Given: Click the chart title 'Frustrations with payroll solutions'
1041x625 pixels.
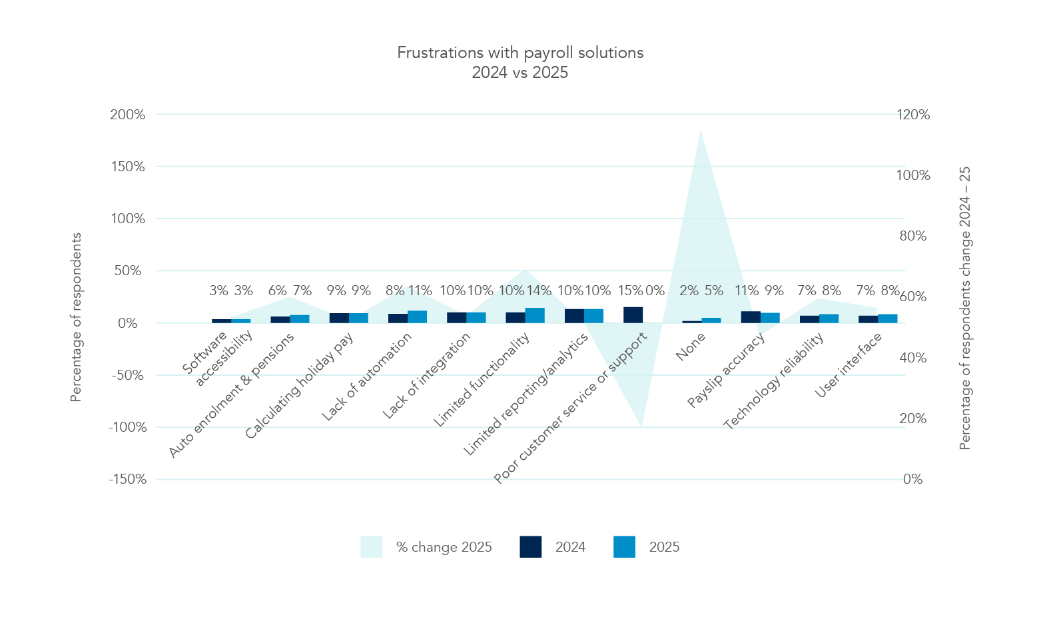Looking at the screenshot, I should pos(520,53).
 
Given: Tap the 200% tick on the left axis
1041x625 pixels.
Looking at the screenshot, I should pos(128,115).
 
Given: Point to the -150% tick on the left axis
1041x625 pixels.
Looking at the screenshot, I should pos(128,479).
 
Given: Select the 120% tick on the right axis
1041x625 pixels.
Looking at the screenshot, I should pos(913,115).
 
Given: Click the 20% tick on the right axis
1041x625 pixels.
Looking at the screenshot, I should pos(913,418).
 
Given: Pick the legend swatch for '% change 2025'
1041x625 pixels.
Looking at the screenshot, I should pos(371,547).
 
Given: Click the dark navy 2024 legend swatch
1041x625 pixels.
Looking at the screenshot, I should pos(531,547).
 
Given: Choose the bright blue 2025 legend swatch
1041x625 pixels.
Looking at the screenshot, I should pos(624,547).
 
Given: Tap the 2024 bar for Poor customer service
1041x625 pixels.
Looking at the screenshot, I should pos(633,315).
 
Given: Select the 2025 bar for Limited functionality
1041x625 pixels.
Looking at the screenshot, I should pos(535,315).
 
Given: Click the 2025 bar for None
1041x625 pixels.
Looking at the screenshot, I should pos(711,320).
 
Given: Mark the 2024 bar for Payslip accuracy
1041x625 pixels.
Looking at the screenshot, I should pos(751,317).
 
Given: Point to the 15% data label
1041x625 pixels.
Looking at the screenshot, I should pos(630,291).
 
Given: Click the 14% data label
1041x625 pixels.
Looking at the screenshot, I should pos(539,291).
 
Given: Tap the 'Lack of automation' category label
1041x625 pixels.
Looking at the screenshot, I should pos(367,376).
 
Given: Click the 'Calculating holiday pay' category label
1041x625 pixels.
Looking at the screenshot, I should pos(299,386).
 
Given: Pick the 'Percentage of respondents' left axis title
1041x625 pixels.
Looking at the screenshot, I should pos(76,317).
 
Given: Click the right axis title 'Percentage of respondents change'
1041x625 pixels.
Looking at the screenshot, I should pos(965,308).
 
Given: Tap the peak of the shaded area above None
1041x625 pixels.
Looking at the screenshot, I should pos(701,131).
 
